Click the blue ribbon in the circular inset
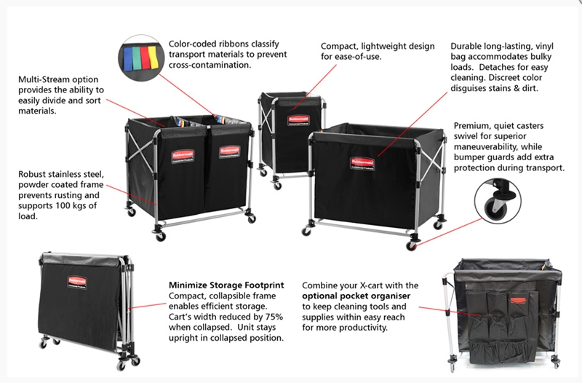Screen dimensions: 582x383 (127, 59)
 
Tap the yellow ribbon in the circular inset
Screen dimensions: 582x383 (154, 58)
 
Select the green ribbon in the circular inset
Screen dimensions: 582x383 (136, 58)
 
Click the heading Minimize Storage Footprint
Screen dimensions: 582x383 (226, 285)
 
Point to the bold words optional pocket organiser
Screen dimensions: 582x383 (356, 296)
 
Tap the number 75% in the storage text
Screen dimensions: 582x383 (274, 317)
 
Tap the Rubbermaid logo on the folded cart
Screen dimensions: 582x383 (77, 283)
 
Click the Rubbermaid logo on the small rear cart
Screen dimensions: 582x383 (299, 120)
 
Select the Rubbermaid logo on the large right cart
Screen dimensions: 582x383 (362, 163)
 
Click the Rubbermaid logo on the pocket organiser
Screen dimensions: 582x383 (521, 301)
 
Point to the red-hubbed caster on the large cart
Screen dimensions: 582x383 (411, 245)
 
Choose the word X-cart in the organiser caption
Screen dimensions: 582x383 (372, 285)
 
